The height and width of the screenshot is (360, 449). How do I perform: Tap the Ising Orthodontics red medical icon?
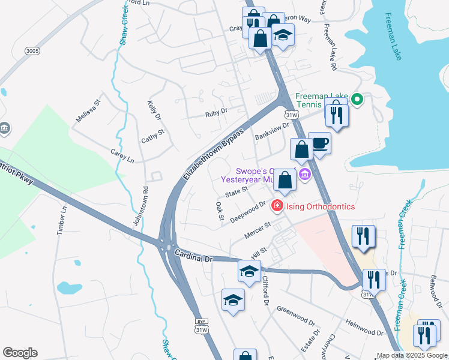pyautogui.click(x=277, y=206)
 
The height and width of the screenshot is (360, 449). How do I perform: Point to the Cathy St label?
pyautogui.click(x=152, y=136)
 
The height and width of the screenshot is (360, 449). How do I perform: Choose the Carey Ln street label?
pyautogui.click(x=122, y=154)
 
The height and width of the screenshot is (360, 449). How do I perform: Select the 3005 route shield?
pyautogui.click(x=32, y=52)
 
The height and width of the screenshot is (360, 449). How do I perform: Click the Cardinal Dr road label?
pyautogui.click(x=194, y=257)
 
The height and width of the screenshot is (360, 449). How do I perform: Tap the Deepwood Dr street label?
pyautogui.click(x=248, y=212)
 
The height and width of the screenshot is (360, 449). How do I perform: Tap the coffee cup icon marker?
pyautogui.click(x=320, y=143)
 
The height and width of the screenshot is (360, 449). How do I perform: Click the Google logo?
pyautogui.click(x=20, y=353)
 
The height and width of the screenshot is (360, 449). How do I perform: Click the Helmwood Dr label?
pyautogui.click(x=364, y=327)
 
